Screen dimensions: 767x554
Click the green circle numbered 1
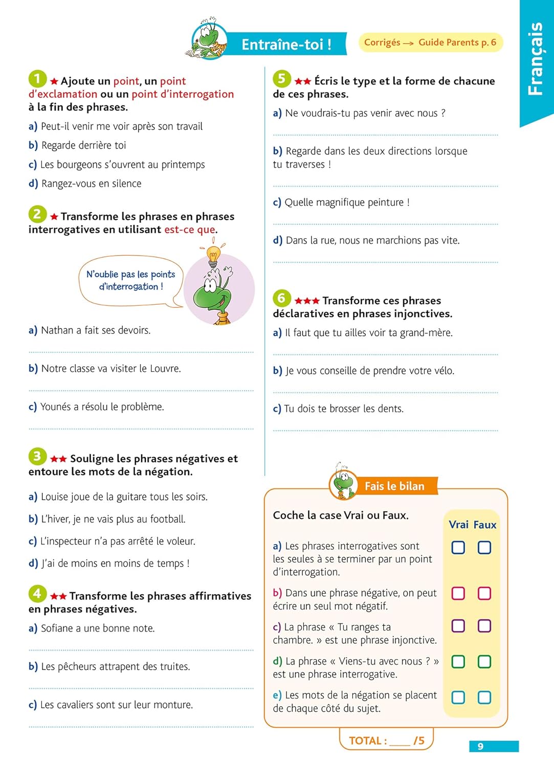pos(37,79)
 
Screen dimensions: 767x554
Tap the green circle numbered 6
pos(281,298)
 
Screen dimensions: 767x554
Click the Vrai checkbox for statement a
pos(458,548)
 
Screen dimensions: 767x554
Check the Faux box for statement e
pos(484,697)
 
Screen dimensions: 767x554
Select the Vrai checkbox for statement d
pos(458,662)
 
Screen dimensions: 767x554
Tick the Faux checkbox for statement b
pos(484,593)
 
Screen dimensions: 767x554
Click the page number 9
pos(480,747)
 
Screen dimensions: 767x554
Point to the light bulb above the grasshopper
pos(213,254)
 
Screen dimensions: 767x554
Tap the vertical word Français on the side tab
pos(535,58)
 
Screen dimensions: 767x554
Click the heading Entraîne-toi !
pos(286,44)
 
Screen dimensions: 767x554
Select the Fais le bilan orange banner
pos(394,486)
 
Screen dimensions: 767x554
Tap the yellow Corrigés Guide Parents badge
pos(430,42)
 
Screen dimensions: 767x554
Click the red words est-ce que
pos(190,230)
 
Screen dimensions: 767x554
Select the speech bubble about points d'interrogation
pos(130,281)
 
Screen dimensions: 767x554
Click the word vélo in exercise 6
pos(441,371)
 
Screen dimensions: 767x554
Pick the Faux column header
pos(484,525)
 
